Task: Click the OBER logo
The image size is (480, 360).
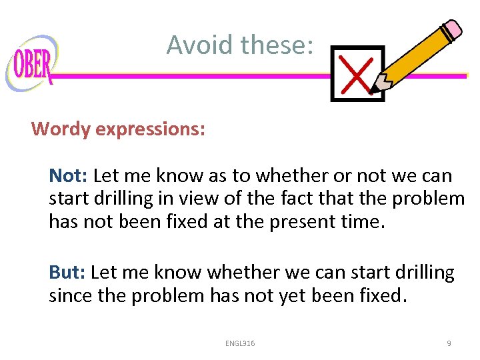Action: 31,64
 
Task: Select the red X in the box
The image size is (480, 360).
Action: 355,73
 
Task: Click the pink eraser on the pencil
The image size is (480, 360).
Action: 450,30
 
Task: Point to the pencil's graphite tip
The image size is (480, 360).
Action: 374,89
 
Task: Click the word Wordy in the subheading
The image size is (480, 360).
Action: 61,129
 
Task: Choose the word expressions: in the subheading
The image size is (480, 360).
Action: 151,129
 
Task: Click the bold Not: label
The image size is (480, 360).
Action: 69,176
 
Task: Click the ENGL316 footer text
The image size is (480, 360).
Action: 240,343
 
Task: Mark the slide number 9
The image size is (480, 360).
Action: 449,343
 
